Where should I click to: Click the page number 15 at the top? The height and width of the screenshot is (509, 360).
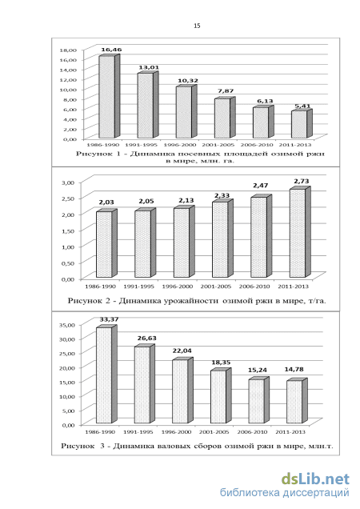197,26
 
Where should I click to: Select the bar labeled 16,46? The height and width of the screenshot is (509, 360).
109,96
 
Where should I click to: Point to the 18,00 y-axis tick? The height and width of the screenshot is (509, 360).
68,50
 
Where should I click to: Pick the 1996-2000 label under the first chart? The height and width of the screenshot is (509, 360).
179,145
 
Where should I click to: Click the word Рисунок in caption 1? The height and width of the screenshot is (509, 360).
90,154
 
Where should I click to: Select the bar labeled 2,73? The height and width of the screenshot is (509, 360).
300,232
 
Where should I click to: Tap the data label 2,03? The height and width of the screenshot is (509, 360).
106,202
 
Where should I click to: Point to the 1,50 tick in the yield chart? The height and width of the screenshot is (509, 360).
67,230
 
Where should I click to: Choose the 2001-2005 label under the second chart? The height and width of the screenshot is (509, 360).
216,287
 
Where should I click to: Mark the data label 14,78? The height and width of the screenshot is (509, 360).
294,369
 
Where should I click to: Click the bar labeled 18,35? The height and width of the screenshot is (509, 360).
221,395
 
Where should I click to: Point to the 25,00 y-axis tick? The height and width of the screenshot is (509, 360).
67,353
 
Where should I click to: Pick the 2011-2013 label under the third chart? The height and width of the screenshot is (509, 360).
290,432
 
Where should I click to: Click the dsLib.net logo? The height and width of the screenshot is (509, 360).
315,479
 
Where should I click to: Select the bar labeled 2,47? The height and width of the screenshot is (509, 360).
262,236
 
